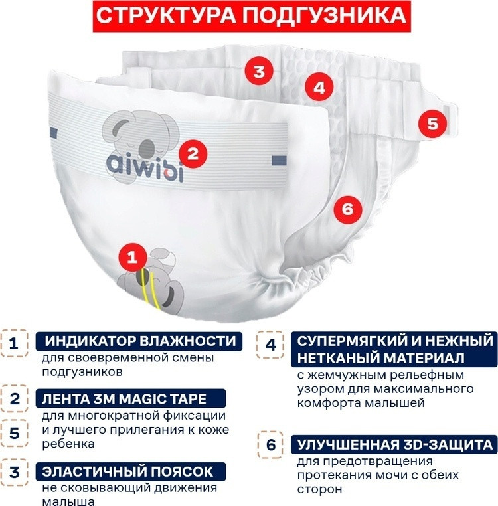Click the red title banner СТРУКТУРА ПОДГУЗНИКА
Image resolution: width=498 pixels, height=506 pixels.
tap(252, 15)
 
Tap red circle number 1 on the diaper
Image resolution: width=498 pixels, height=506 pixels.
tap(133, 257)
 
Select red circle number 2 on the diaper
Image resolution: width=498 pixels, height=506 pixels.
tap(193, 153)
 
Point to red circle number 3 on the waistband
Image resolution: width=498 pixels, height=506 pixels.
tap(259, 71)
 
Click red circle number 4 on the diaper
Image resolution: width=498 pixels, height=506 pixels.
tap(319, 87)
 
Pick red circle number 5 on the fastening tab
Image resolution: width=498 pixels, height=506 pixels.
tap(432, 124)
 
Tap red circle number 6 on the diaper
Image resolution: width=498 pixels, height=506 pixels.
tap(347, 209)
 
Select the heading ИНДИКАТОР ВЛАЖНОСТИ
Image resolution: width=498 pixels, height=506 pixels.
tap(140, 341)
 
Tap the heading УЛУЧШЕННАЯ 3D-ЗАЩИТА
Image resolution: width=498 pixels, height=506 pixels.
tap(395, 444)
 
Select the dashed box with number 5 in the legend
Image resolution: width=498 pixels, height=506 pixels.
tap(14, 433)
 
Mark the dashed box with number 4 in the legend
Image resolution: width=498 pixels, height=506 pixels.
tap(270, 345)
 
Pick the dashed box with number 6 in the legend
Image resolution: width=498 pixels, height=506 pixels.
tap(271, 445)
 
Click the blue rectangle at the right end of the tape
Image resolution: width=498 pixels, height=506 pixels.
tap(279, 161)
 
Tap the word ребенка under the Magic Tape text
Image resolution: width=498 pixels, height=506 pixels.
tap(68, 444)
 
